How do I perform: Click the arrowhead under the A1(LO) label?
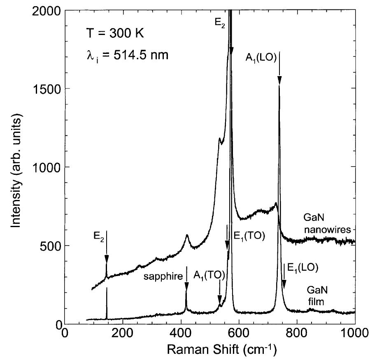tap(279, 81)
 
